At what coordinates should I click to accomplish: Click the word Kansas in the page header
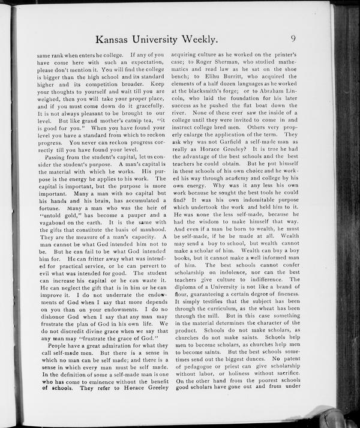coord(112,40)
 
